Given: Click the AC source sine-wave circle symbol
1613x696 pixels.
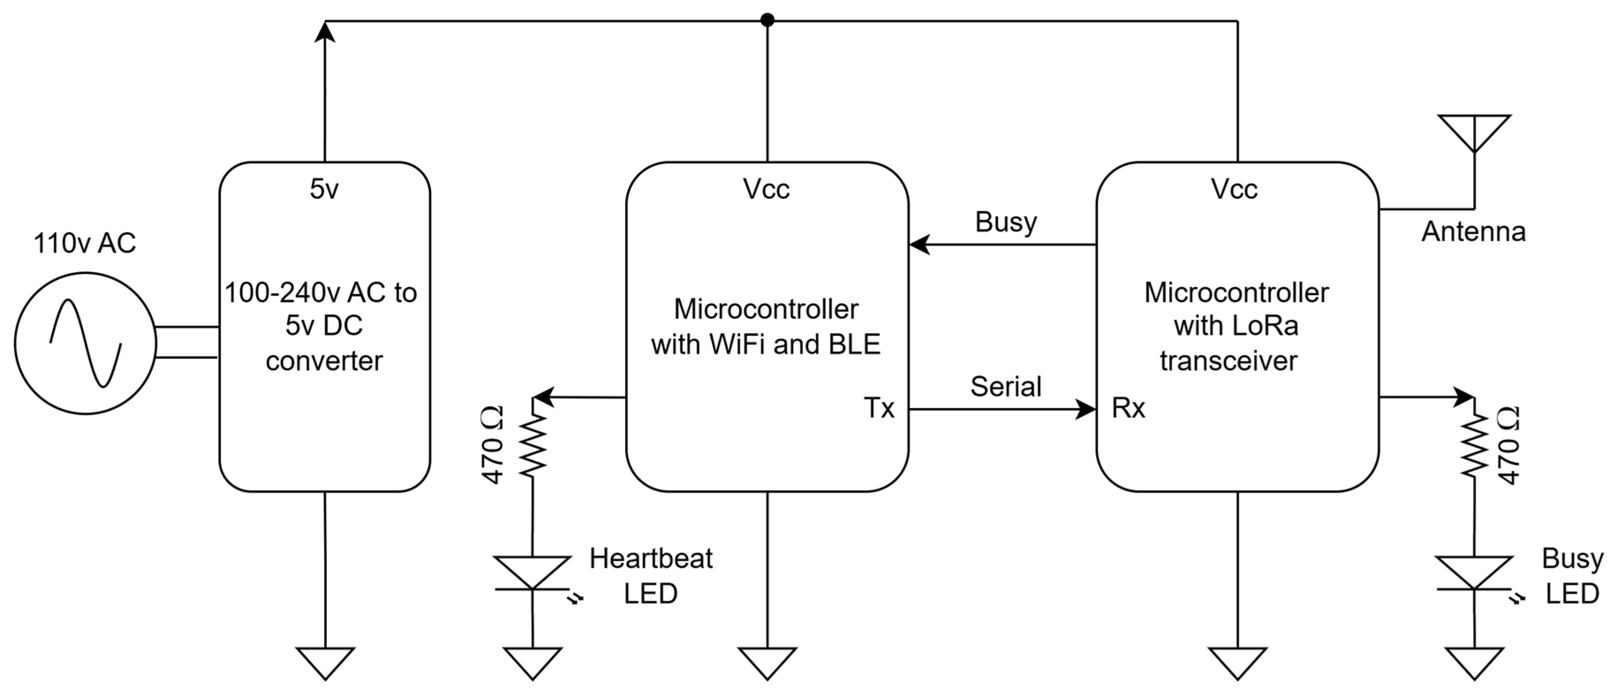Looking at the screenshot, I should pyautogui.click(x=85, y=343).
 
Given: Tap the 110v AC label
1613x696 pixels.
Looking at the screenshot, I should pyautogui.click(x=84, y=243).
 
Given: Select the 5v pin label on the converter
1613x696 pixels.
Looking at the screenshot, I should pyautogui.click(x=325, y=189).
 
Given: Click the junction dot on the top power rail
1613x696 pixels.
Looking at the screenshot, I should pyautogui.click(x=767, y=21).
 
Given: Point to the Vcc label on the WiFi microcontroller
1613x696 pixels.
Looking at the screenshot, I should pyautogui.click(x=767, y=189).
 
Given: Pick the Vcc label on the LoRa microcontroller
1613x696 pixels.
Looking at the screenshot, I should pyautogui.click(x=1234, y=189).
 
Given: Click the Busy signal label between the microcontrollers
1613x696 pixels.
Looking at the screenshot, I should pyautogui.click(x=1005, y=223).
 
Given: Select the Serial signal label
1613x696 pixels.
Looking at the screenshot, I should pyautogui.click(x=1005, y=386).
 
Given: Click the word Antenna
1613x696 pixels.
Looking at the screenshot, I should pyautogui.click(x=1473, y=232).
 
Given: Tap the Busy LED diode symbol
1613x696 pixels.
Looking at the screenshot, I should pyautogui.click(x=1474, y=573).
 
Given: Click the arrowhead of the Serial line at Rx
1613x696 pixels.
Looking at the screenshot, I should pyautogui.click(x=1086, y=410).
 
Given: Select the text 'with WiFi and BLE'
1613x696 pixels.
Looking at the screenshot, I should pyautogui.click(x=766, y=344).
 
